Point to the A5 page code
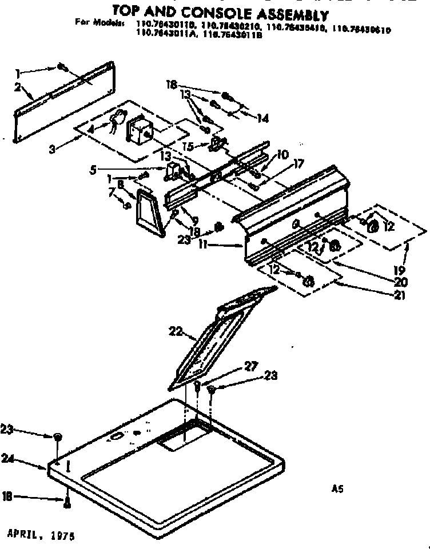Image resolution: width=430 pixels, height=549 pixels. (x=337, y=488)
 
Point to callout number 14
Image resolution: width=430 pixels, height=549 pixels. (x=262, y=119)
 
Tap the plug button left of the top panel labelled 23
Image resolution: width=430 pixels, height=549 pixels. (x=58, y=437)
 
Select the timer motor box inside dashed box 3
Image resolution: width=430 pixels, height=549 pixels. (x=137, y=130)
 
